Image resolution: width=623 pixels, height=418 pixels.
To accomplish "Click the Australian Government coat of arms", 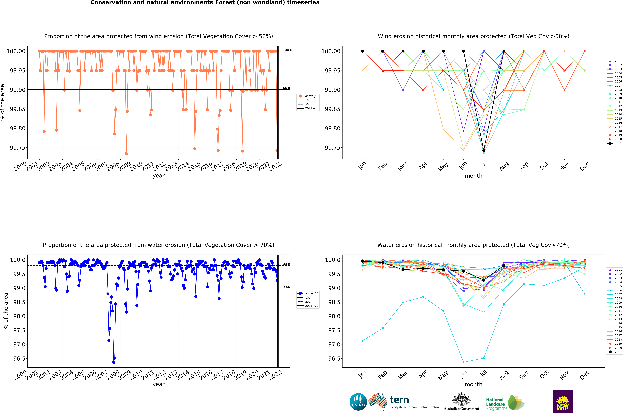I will point(461,399).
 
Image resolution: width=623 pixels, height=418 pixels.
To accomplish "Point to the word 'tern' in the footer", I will point(399,400).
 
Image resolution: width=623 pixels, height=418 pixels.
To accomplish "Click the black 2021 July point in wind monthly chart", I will point(484,151).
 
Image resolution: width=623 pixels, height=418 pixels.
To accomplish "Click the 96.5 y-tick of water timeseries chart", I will point(19,359).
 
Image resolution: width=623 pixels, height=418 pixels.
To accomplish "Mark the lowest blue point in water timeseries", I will point(114,362).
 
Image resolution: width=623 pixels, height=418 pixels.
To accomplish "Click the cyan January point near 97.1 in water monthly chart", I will point(363,341).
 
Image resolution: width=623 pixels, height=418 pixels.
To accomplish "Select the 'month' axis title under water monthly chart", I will point(473,384).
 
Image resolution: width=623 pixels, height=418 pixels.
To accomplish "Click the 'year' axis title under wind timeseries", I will point(159,176).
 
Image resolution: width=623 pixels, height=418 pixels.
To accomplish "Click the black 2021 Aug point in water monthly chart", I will point(504,265).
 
